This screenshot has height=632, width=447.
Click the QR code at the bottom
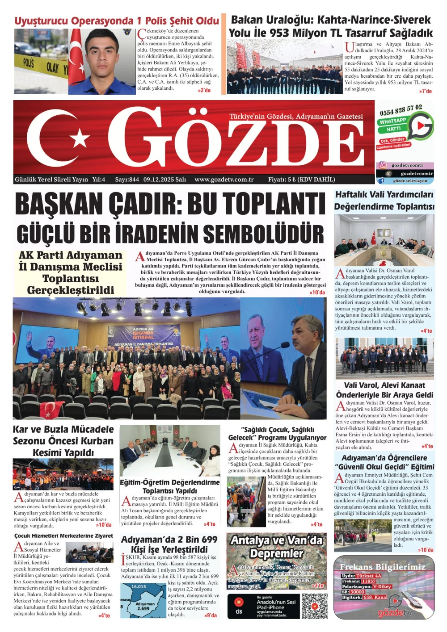pyautogui.click(x=314, y=606)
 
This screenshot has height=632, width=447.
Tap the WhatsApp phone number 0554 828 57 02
pyautogui.click(x=401, y=110)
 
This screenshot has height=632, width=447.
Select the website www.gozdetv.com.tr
pyautogui.click(x=224, y=180)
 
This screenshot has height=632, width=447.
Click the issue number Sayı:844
pyautogui.click(x=127, y=180)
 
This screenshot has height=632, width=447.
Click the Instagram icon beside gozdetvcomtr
pyautogui.click(x=383, y=165)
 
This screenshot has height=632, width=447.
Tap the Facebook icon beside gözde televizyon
pyautogui.click(x=381, y=181)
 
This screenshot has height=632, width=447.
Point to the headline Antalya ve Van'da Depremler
pyautogui.click(x=276, y=547)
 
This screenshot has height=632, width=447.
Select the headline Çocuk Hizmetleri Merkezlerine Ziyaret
pyautogui.click(x=63, y=536)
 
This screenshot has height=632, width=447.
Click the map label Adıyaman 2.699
pyautogui.click(x=145, y=606)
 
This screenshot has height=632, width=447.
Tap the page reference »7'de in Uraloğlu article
pyautogui.click(x=425, y=91)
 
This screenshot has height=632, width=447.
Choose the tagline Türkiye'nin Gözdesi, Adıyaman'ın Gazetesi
pyautogui.click(x=296, y=117)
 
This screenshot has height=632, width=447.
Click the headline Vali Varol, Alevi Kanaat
pyautogui.click(x=384, y=385)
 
